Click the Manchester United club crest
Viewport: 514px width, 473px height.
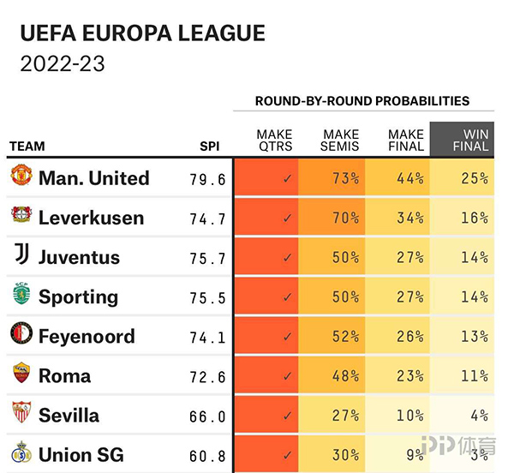[21, 177]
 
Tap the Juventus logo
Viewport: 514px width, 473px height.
[21, 256]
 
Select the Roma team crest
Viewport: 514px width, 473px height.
[21, 374]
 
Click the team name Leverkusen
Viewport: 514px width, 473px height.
[91, 218]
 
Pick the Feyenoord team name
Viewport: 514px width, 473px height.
[87, 336]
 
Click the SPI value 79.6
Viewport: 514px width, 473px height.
[207, 179]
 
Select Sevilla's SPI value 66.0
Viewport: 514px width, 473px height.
[207, 416]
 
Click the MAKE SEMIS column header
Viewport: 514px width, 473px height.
[340, 140]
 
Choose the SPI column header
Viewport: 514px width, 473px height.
[210, 147]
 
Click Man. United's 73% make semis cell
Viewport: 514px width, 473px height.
[345, 179]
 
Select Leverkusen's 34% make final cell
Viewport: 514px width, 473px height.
[409, 218]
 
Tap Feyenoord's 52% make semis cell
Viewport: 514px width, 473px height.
[345, 337]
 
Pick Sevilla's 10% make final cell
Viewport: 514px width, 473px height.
[409, 416]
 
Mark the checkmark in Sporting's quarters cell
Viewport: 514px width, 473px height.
[287, 297]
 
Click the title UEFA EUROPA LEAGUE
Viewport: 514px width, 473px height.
[142, 34]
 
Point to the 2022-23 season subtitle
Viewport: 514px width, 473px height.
[62, 65]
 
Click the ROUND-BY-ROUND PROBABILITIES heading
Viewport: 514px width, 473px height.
[362, 101]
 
